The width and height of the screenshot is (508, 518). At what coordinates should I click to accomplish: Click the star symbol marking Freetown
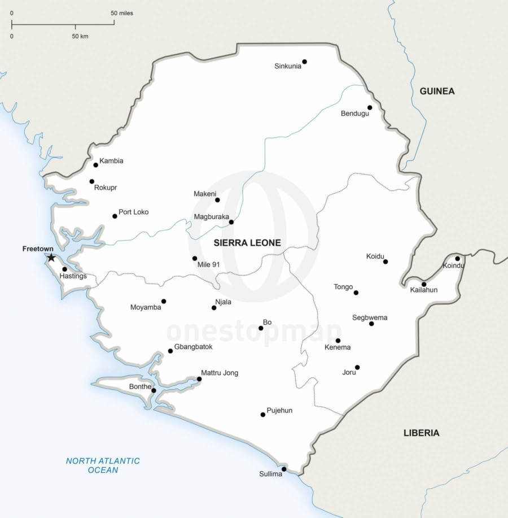click(51, 258)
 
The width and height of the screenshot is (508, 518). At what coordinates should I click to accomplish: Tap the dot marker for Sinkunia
click(304, 62)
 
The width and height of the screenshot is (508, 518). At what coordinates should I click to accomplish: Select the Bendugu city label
click(354, 114)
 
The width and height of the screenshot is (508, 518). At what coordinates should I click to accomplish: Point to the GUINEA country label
click(437, 91)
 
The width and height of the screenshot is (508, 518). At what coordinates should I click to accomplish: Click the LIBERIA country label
click(421, 433)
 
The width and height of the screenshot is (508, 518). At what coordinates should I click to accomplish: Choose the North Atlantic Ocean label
click(103, 465)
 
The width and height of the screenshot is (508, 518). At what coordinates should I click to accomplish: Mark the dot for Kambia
click(96, 165)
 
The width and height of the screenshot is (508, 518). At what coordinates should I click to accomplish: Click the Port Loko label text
click(133, 212)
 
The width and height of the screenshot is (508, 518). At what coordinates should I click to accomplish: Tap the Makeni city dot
click(217, 200)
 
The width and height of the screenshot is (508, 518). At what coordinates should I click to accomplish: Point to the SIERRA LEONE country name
click(247, 243)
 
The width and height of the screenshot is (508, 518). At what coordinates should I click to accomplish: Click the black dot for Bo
click(261, 328)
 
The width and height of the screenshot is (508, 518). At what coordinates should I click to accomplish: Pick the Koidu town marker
click(386, 262)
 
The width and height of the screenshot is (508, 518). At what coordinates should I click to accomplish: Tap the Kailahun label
click(423, 290)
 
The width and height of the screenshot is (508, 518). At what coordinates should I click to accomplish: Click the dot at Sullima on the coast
click(284, 469)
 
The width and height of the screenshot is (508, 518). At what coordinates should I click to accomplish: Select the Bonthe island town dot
click(154, 390)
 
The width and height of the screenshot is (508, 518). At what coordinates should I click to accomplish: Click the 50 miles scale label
click(122, 13)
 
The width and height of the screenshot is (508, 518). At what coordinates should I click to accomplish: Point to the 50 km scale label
click(80, 36)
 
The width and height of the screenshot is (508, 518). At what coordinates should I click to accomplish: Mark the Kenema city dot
click(338, 341)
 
